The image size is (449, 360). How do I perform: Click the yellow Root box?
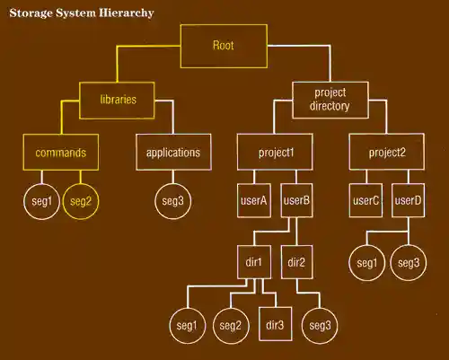tap(223, 46)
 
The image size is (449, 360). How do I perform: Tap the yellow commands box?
tap(60, 152)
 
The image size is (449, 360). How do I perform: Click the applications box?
tap(172, 152)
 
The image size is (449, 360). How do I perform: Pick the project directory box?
tap(331, 99)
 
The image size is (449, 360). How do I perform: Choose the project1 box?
tap(277, 152)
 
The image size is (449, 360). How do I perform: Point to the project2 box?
tap(387, 152)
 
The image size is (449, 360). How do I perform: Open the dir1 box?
tap(254, 262)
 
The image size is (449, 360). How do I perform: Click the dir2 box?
tap(296, 262)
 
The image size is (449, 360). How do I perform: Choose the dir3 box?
tap(275, 324)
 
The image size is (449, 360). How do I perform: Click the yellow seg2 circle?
tap(81, 202)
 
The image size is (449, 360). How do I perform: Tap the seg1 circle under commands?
tap(40, 202)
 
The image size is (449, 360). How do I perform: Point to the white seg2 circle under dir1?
tap(231, 324)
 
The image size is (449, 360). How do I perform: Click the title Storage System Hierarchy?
tap(81, 13)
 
